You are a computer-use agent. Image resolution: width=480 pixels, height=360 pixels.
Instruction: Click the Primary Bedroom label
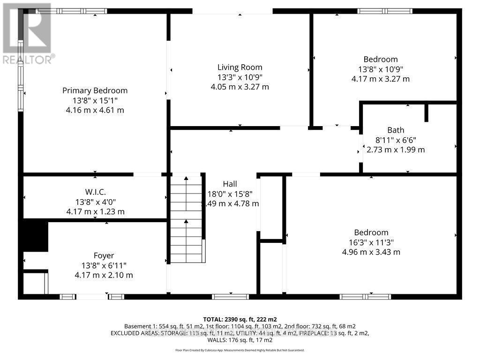coord(95,90)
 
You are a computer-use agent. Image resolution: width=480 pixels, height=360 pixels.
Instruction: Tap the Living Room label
coord(240,67)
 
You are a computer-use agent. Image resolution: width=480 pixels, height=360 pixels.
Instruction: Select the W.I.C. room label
coord(95,192)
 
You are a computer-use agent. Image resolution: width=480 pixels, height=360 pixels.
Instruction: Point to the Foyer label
coord(104,255)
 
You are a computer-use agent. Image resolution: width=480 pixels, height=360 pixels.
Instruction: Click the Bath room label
coord(395,130)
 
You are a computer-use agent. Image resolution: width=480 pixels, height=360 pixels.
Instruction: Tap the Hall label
coord(230,184)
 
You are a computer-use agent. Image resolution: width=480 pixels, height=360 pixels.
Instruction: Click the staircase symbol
coord(187,218)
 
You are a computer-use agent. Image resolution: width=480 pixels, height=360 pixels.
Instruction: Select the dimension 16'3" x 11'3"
coord(371,242)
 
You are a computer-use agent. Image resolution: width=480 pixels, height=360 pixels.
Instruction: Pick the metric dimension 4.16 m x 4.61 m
coord(95,110)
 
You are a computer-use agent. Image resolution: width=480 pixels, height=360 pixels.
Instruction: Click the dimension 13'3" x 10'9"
coord(240,77)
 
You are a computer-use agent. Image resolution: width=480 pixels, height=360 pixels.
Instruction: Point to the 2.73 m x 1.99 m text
coord(395,150)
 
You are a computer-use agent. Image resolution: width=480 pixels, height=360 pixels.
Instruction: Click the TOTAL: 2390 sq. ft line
coord(240,319)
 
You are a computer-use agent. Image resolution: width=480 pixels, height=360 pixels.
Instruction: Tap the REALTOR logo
coord(27,33)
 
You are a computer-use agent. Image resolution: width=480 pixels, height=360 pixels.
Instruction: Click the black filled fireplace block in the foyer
coord(36,236)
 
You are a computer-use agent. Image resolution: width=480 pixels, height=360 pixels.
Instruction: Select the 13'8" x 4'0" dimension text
coord(95,202)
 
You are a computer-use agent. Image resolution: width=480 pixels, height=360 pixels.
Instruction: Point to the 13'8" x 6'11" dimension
coord(104,265)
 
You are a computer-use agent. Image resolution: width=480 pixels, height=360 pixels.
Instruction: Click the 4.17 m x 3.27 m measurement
coord(380,79)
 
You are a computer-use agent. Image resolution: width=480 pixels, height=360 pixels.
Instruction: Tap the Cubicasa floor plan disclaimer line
coord(240,350)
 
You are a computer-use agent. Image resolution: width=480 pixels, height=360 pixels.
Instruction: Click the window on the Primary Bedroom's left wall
coord(21,75)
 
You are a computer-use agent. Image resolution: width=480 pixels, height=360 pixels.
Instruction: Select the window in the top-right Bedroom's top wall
coord(384,11)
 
